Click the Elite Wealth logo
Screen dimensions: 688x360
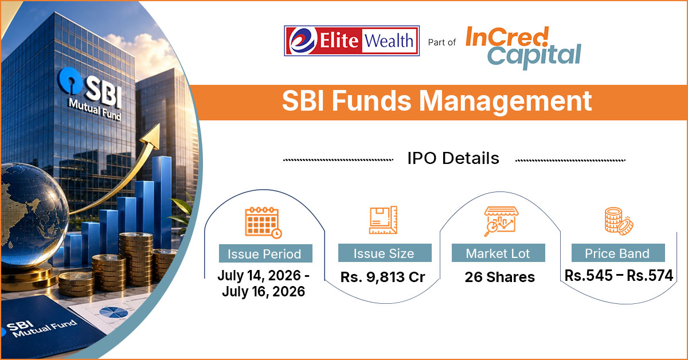tap(351, 41)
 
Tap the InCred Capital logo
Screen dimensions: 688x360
tap(523, 48)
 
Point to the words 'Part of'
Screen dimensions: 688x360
tap(441, 42)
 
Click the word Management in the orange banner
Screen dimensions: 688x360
tap(506, 101)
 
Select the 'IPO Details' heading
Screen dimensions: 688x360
tap(454, 158)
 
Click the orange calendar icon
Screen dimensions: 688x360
tap(263, 222)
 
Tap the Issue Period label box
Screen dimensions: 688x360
tap(265, 253)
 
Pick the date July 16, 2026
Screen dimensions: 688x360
tap(264, 291)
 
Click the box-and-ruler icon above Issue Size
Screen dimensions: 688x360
tap(383, 220)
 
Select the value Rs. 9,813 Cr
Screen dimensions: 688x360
tap(383, 277)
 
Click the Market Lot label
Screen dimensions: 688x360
tap(498, 253)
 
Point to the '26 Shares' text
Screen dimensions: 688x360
tap(500, 277)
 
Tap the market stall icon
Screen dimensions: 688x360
tap(501, 221)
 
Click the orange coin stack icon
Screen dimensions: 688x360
tap(619, 221)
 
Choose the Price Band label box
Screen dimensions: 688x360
tap(618, 253)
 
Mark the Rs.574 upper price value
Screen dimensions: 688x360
tap(650, 276)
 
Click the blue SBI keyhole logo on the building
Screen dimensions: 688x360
tap(71, 81)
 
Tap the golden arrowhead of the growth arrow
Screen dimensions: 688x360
tap(152, 136)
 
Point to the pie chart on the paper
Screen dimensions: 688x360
tap(114, 312)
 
